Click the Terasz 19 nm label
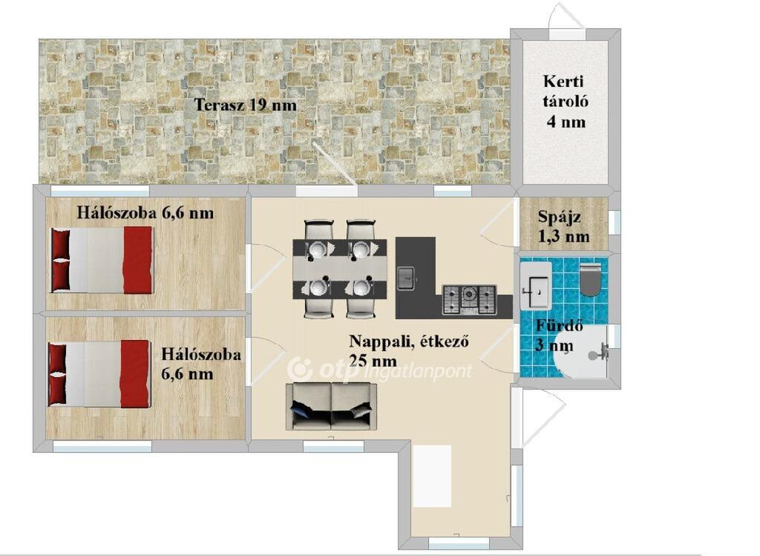click(245, 105)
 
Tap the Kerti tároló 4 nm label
click(565, 101)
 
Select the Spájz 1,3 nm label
click(564, 226)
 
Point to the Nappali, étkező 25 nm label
click(409, 350)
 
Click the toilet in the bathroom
click(590, 280)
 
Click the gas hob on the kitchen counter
click(469, 299)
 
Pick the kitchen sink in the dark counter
click(406, 278)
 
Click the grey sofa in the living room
click(331, 406)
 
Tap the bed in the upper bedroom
click(102, 261)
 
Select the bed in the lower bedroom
click(99, 373)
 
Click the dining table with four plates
click(340, 269)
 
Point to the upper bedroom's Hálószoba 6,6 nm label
click(145, 213)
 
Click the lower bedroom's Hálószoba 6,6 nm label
click(200, 364)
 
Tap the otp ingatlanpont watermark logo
click(379, 370)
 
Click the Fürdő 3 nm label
click(558, 336)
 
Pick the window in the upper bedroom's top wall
click(100, 191)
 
